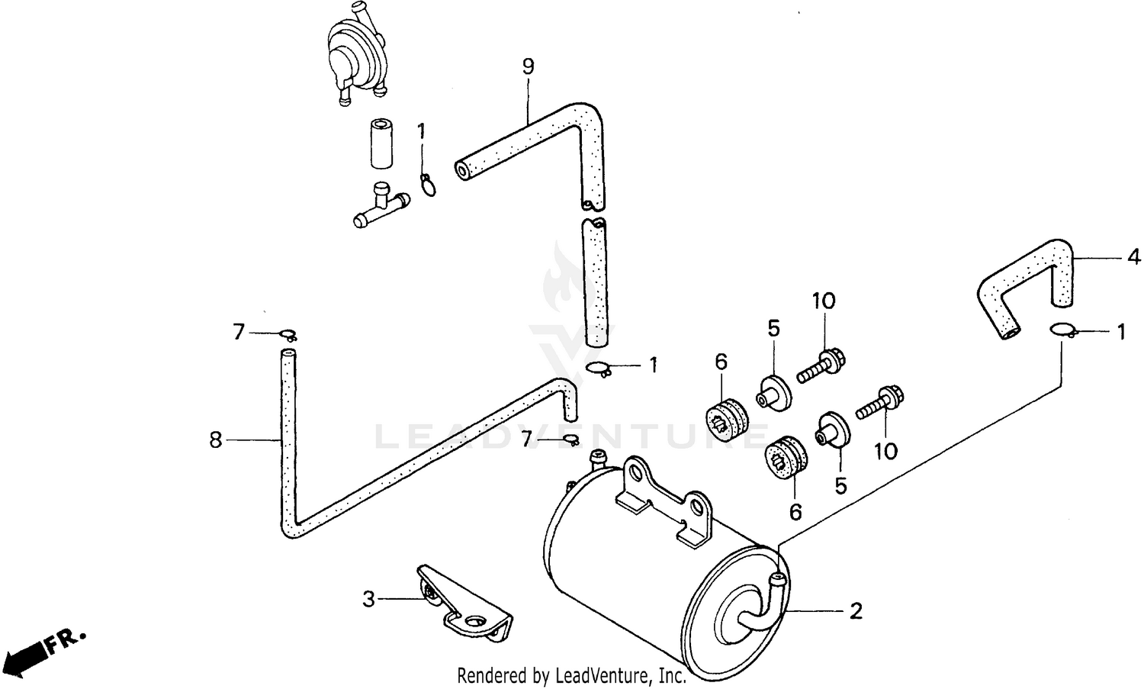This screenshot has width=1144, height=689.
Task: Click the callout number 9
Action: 528,66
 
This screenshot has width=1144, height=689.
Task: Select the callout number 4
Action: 1134,257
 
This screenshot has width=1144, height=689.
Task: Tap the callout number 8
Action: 216,439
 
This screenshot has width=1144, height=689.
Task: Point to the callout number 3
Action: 369,599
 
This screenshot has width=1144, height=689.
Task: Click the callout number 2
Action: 856,610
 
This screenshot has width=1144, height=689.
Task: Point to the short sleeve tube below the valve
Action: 380,143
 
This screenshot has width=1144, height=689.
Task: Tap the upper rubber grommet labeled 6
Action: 726,418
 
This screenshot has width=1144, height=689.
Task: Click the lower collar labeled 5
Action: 831,429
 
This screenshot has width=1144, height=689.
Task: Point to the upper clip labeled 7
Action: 288,334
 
